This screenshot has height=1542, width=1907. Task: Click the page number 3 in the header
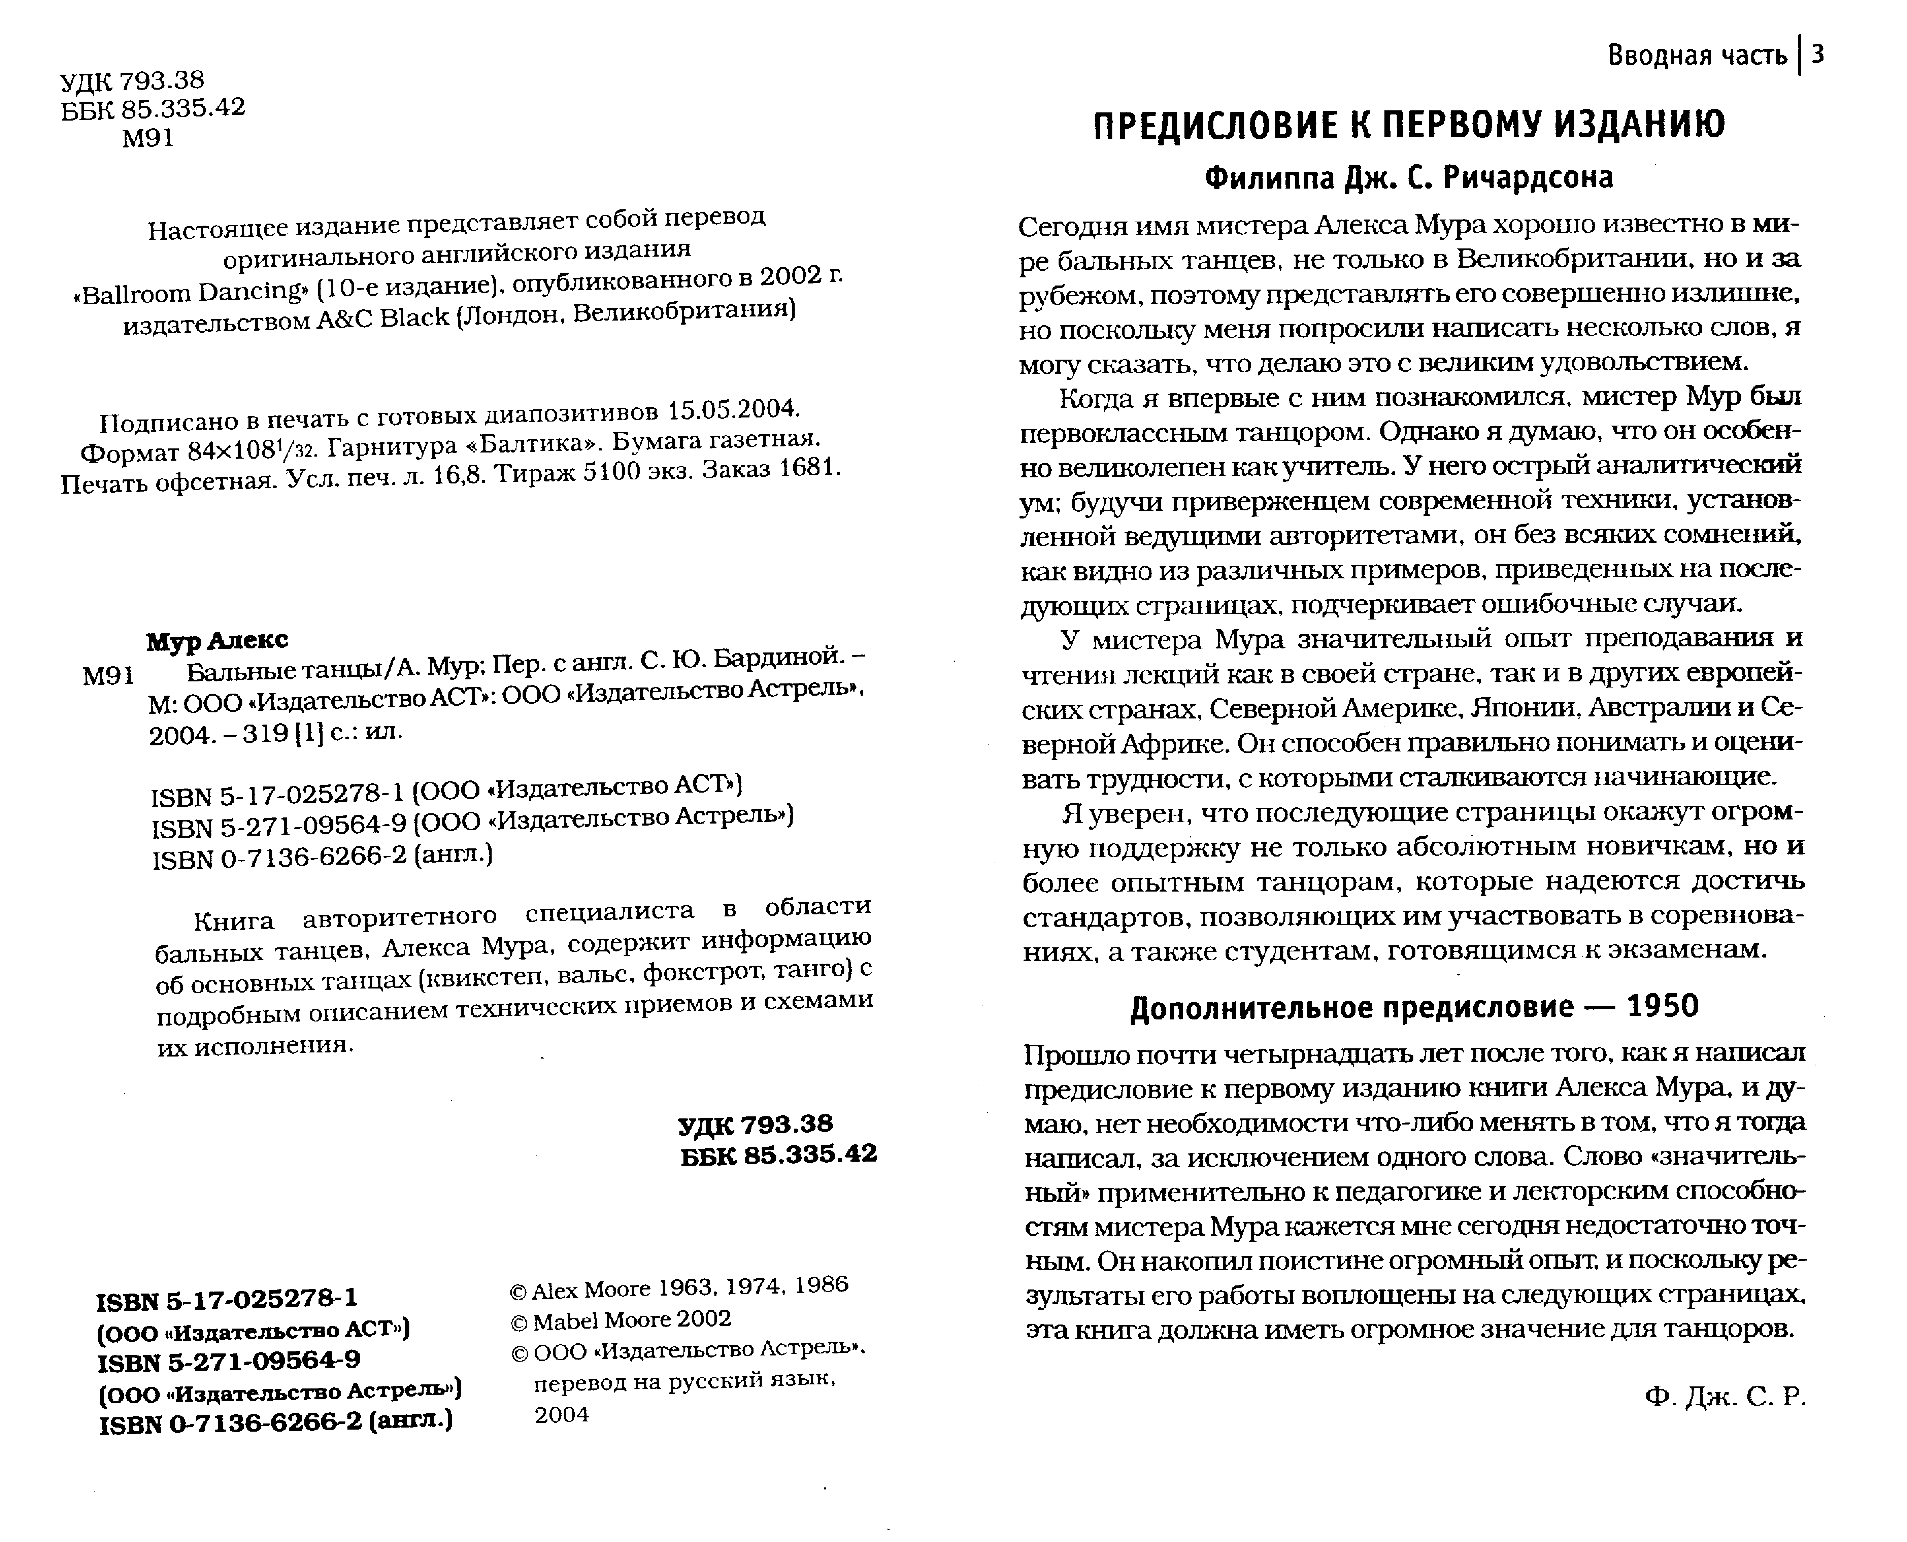coord(1817,55)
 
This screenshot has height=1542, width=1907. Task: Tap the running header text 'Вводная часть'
coord(1697,56)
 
